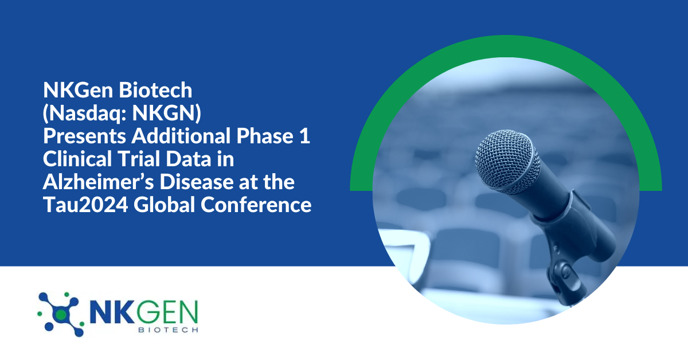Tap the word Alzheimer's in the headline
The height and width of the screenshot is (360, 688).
(x=92, y=183)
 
